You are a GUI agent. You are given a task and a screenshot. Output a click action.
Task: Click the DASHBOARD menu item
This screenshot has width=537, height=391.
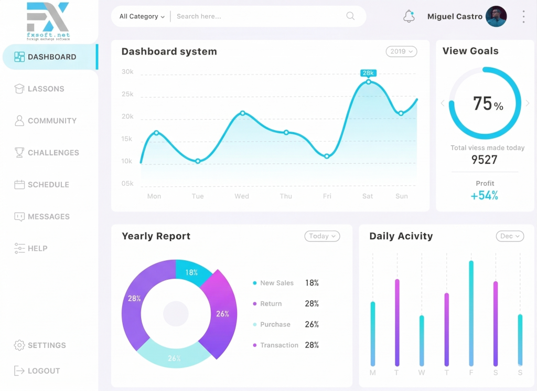pyautogui.click(x=51, y=57)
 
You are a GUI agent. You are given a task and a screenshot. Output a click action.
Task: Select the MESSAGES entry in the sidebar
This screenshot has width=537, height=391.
pyautogui.click(x=48, y=217)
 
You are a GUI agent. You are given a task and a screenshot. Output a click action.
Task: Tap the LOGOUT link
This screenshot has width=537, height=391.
pyautogui.click(x=44, y=371)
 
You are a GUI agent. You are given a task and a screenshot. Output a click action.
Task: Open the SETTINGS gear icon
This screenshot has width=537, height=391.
pyautogui.click(x=19, y=345)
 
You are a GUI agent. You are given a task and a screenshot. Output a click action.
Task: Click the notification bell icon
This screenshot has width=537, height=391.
pyautogui.click(x=409, y=16)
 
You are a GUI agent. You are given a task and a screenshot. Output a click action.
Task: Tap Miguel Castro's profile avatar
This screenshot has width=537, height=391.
pyautogui.click(x=496, y=16)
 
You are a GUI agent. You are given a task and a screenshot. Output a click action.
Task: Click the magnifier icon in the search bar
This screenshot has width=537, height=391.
pyautogui.click(x=350, y=16)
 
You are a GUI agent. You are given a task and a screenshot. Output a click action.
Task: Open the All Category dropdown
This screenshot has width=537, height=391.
pyautogui.click(x=142, y=16)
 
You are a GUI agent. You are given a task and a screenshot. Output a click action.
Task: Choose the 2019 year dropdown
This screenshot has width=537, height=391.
pyautogui.click(x=402, y=51)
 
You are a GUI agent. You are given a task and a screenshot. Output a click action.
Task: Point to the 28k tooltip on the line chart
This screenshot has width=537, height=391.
pyautogui.click(x=368, y=73)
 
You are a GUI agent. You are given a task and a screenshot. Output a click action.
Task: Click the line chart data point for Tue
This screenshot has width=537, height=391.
pyautogui.click(x=198, y=161)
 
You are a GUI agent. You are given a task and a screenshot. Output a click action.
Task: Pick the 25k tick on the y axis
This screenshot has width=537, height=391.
pyautogui.click(x=127, y=94)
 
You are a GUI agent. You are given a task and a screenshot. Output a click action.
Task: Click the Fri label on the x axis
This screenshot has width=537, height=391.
pyautogui.click(x=327, y=196)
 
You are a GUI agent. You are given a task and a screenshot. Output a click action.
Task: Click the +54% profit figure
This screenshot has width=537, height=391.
pyautogui.click(x=485, y=196)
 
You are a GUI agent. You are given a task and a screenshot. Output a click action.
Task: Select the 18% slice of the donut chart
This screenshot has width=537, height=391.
pyautogui.click(x=192, y=272)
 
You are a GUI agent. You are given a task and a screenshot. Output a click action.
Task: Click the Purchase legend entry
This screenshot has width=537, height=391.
pyautogui.click(x=275, y=324)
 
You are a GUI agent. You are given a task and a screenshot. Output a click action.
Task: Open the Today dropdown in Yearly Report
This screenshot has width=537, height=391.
pyautogui.click(x=322, y=236)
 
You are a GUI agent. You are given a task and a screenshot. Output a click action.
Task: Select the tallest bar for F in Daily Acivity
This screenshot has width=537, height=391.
pyautogui.click(x=471, y=313)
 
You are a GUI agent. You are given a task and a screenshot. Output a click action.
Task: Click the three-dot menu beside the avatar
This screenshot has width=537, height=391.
pyautogui.click(x=523, y=16)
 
